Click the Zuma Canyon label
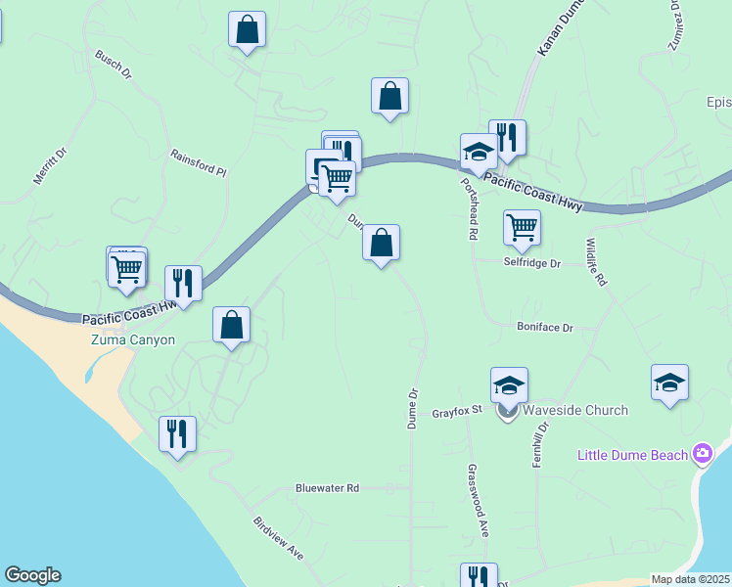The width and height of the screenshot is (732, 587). pyautogui.click(x=132, y=340)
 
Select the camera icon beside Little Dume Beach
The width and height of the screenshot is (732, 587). pyautogui.click(x=702, y=454)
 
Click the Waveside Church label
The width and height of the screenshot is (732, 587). pyautogui.click(x=575, y=410)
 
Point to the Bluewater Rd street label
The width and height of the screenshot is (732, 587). pyautogui.click(x=328, y=487)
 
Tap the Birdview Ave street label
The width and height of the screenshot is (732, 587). pyautogui.click(x=278, y=538)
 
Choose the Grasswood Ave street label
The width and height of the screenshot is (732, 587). pyautogui.click(x=479, y=501)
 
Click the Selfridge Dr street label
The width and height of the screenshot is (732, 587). pyautogui.click(x=532, y=263)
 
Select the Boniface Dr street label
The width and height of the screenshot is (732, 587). pyautogui.click(x=545, y=328)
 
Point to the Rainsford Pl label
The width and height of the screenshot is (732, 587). pyautogui.click(x=198, y=162)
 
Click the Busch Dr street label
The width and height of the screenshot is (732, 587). pyautogui.click(x=113, y=65)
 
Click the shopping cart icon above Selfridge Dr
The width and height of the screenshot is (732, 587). pyautogui.click(x=523, y=227)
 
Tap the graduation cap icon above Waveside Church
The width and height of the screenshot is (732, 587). pyautogui.click(x=509, y=384)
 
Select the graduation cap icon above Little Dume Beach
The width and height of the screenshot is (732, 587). pyautogui.click(x=669, y=382)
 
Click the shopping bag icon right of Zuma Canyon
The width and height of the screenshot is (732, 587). pyautogui.click(x=232, y=325)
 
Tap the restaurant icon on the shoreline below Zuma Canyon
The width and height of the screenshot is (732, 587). pyautogui.click(x=177, y=433)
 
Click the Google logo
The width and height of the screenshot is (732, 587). pyautogui.click(x=32, y=575)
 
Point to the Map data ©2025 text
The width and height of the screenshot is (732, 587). pyautogui.click(x=691, y=579)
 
